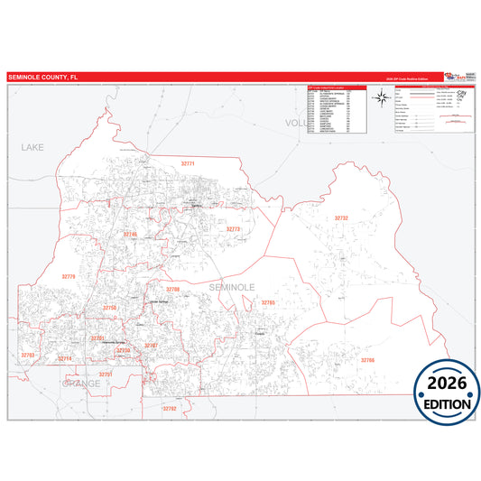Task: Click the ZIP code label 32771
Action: pos(188,163)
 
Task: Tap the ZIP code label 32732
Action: pos(341,217)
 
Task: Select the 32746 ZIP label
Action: pos(131,235)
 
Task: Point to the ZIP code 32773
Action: pos(234,229)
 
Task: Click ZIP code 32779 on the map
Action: pos(69,276)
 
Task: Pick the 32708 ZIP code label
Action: pos(172,289)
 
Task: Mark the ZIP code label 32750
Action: pos(110,308)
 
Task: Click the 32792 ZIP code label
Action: pos(171,408)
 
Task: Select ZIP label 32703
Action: pos(28,356)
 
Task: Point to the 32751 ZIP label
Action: pos(106,374)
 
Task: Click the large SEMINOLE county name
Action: pos(232,286)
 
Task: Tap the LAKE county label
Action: pos(32,145)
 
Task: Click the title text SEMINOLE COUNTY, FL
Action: pos(43,78)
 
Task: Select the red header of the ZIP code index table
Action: pos(335,88)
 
